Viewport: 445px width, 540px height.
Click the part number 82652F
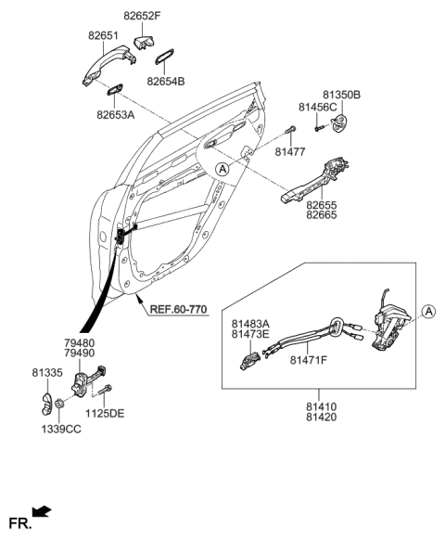tap(143, 16)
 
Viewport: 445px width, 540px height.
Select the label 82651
tap(105, 35)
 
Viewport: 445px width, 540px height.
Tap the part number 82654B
tap(166, 82)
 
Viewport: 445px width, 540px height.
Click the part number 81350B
tap(342, 96)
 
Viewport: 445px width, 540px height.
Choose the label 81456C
tap(318, 109)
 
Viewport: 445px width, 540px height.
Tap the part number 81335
tap(58, 374)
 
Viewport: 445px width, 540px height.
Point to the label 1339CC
tap(60, 431)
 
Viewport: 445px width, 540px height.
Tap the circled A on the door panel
tap(222, 169)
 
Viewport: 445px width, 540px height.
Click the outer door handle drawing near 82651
tap(107, 66)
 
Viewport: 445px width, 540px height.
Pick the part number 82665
tap(322, 215)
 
